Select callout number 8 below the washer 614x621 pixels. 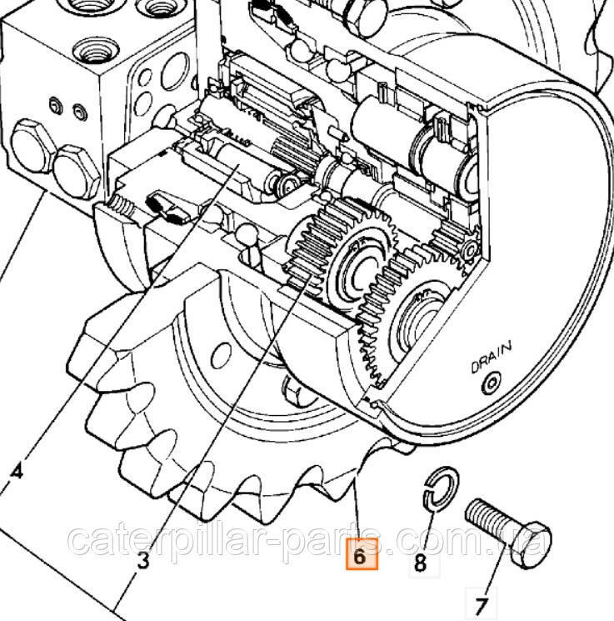421,562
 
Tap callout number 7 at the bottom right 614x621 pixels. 482,606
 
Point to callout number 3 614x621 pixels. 143,560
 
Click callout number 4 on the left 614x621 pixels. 17,472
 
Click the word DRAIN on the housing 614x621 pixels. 492,358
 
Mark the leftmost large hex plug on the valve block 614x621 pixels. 31,146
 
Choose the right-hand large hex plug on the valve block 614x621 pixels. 77,172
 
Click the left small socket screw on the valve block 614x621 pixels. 56,106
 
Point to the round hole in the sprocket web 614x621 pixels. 221,355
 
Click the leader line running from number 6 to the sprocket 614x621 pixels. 358,508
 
